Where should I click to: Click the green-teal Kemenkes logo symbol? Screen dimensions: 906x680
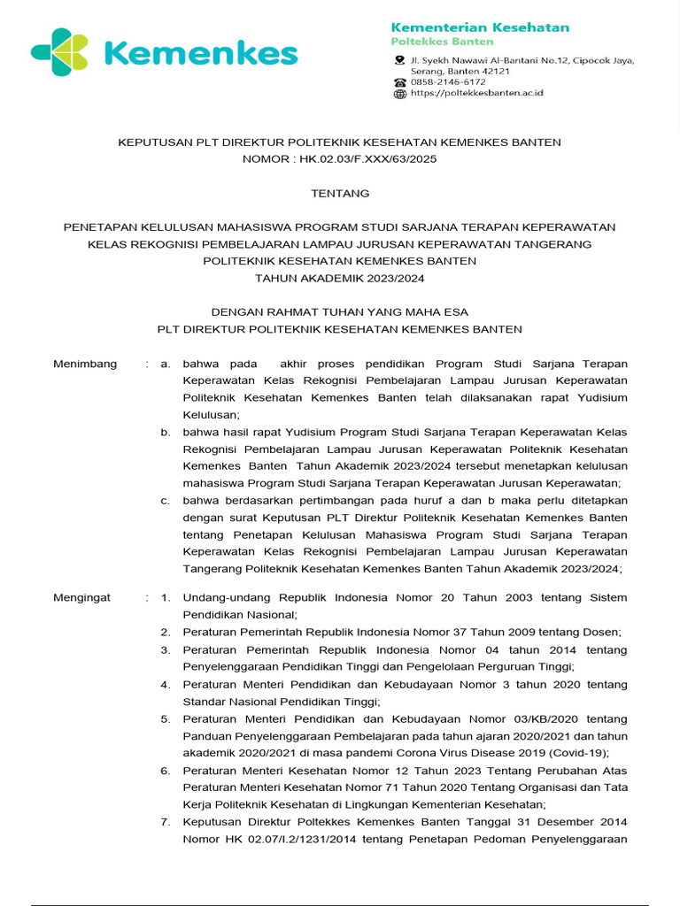(58, 52)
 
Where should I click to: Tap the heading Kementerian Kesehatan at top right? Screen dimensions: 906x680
(480, 27)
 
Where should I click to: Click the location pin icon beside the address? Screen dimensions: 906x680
(400, 61)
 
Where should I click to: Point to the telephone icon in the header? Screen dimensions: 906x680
(400, 82)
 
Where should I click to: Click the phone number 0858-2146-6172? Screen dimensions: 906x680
(448, 82)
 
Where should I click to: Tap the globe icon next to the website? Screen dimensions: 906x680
(400, 93)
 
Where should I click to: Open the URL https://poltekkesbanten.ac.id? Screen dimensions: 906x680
(476, 93)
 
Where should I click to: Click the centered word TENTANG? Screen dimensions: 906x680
(340, 193)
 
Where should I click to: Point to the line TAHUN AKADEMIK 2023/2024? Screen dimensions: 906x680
(340, 278)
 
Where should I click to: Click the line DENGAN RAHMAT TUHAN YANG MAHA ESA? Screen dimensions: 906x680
(340, 312)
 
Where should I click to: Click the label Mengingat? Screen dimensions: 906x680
(82, 598)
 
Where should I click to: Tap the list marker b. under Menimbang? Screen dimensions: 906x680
(166, 432)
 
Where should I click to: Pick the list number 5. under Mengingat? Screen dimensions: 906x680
(166, 718)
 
